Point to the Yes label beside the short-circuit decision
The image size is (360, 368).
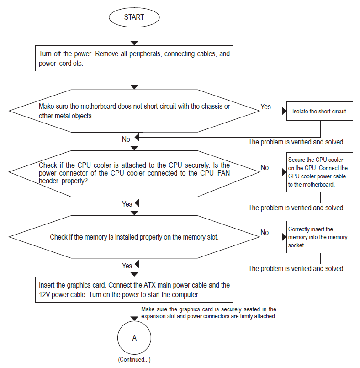265,107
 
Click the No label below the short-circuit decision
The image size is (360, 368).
126,139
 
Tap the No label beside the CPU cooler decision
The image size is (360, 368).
265,168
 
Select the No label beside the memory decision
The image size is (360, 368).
265,232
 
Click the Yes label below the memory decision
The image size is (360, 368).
127,266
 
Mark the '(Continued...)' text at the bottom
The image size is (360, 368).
134,360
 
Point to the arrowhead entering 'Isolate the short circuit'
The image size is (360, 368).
284,111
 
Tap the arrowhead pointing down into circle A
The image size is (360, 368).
134,319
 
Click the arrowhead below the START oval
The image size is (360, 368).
134,43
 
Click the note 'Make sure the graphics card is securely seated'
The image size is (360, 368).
209,313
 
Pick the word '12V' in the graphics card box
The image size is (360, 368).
44,294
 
